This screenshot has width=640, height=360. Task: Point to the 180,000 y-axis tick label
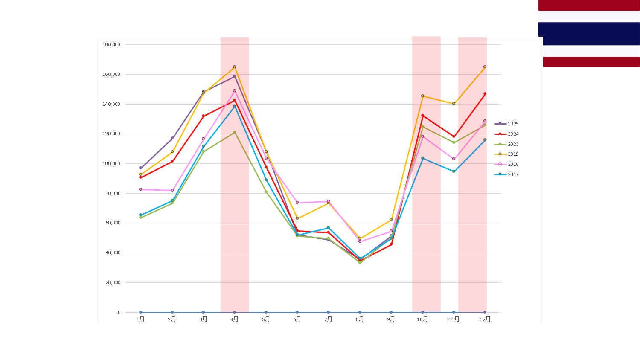point(111,44)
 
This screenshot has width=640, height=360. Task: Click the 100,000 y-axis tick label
point(111,163)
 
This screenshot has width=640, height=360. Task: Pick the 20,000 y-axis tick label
point(113,282)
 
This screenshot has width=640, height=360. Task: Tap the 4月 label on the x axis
point(234,319)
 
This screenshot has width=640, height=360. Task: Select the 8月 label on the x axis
point(360,319)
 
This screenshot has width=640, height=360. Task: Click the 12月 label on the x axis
point(485,319)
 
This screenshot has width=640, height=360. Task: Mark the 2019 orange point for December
point(485,67)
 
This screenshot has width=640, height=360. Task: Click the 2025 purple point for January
point(140,168)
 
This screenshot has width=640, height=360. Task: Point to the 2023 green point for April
point(234,132)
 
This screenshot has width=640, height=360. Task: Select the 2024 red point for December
point(485,94)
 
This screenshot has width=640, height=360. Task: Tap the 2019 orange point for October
point(422,96)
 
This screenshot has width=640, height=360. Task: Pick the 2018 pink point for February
point(172,190)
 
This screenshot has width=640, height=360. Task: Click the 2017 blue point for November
point(454,171)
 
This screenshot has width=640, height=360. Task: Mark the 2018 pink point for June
point(297,203)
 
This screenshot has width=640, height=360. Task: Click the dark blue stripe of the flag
point(589,34)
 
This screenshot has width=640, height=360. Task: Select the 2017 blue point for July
point(328,228)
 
